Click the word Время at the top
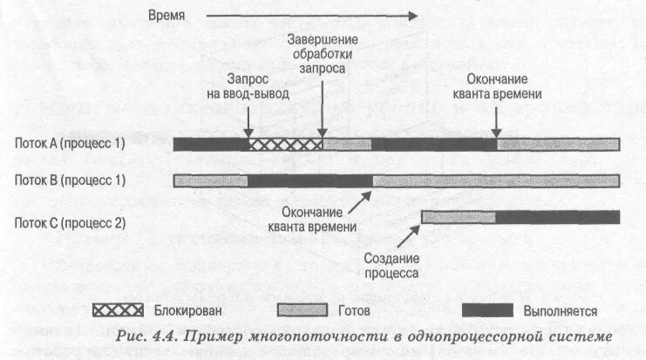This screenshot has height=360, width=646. click(x=167, y=15)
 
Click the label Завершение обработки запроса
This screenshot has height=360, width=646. click(x=322, y=52)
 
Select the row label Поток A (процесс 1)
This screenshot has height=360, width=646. click(x=70, y=145)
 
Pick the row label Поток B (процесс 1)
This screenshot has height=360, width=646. click(x=70, y=180)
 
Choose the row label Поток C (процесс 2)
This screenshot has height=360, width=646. click(x=70, y=222)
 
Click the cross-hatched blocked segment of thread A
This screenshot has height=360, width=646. click(x=285, y=145)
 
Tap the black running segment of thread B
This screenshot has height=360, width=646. click(x=310, y=180)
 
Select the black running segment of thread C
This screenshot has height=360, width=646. click(x=557, y=217)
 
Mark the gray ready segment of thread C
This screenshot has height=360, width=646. click(x=458, y=217)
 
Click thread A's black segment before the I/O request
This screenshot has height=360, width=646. click(x=211, y=145)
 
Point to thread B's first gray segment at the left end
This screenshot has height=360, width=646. click(x=210, y=180)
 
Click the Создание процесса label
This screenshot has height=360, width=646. click(x=391, y=266)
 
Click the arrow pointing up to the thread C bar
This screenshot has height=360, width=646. click(x=402, y=235)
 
